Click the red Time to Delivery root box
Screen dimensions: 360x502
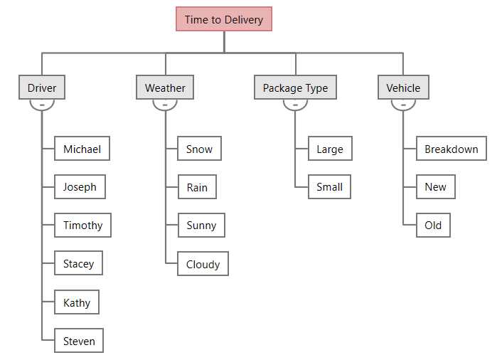tap(224, 19)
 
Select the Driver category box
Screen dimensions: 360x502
tap(42, 88)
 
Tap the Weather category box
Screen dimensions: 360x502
tap(165, 88)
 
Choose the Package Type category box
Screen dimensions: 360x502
tap(295, 88)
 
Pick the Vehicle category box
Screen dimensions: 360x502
tap(403, 88)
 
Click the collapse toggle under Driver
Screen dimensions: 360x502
tap(42, 105)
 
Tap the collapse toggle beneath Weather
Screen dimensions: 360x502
tap(165, 105)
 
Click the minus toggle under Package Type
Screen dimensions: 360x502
tap(295, 105)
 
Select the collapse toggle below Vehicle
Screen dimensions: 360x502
tap(403, 105)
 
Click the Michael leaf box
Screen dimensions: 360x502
tap(82, 149)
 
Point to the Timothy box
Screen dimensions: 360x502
tap(82, 226)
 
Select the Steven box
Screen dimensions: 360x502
tap(79, 341)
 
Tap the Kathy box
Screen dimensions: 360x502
tap(77, 302)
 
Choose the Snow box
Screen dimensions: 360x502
tap(199, 149)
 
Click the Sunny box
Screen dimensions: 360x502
tap(201, 226)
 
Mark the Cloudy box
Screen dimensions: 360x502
tap(203, 264)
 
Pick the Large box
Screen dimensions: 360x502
tap(330, 149)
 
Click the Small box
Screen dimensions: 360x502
tap(329, 187)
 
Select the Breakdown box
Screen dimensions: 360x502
tap(452, 149)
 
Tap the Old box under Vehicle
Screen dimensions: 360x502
tap(433, 226)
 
